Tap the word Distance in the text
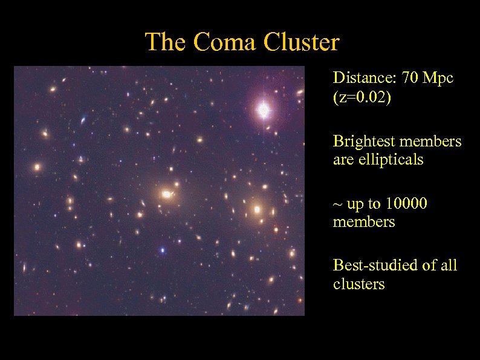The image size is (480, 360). (x=358, y=79)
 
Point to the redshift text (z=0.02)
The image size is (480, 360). (x=362, y=98)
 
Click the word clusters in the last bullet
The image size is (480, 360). (x=358, y=284)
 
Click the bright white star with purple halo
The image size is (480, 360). (x=264, y=110)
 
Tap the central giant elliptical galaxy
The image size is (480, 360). (x=166, y=194)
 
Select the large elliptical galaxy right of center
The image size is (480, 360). (x=257, y=210)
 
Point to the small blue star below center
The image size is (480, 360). (x=162, y=250)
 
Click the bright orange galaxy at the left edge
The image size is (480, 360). (x=37, y=166)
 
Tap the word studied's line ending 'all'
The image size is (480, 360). (x=447, y=265)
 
